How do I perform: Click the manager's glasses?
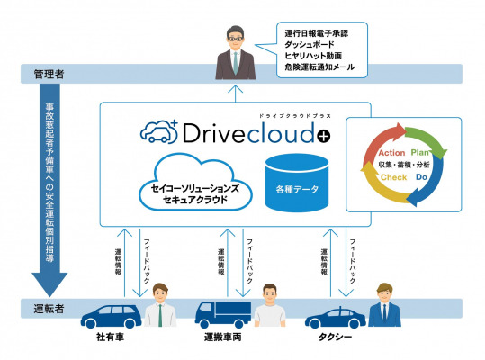(236, 40)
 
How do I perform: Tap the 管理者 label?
(49, 74)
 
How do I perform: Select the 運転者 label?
(49, 309)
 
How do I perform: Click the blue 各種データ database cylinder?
(297, 183)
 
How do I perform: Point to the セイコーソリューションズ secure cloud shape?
(195, 183)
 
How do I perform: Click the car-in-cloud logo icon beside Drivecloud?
(159, 132)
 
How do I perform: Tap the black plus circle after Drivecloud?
(324, 136)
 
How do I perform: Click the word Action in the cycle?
(391, 153)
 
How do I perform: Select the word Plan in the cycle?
(419, 152)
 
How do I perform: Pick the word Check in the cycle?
(393, 177)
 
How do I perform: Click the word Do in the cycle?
(421, 177)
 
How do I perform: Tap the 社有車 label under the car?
(110, 337)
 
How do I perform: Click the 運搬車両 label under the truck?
(223, 337)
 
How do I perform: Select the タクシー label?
(336, 337)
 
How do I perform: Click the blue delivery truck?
(223, 315)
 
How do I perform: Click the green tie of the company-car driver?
(160, 316)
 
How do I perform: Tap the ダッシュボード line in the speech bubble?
(310, 44)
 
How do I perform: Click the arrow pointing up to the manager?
(236, 94)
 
